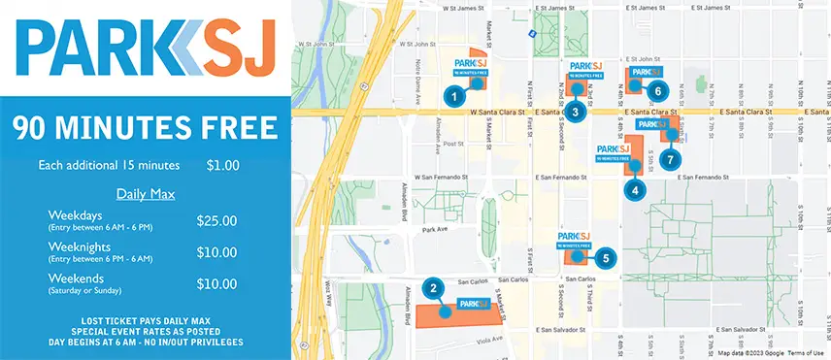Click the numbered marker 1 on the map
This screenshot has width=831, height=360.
tap(451, 96)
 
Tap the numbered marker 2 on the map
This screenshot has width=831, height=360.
tap(436, 287)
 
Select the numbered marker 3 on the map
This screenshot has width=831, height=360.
tap(576, 112)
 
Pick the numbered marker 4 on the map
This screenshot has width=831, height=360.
tap(635, 191)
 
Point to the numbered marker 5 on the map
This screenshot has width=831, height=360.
tap(605, 258)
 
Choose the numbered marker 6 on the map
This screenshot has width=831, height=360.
tap(657, 91)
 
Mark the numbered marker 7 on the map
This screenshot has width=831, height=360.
tap(669, 158)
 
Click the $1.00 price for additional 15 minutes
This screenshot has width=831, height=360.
tap(222, 166)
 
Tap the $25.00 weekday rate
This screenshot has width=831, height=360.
tap(216, 221)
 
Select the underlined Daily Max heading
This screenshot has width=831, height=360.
tap(146, 194)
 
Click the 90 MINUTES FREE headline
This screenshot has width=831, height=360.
tap(146, 127)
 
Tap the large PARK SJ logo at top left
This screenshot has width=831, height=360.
tap(146, 47)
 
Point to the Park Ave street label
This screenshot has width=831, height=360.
tap(432, 231)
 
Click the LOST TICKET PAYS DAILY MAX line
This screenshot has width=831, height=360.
tap(146, 319)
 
